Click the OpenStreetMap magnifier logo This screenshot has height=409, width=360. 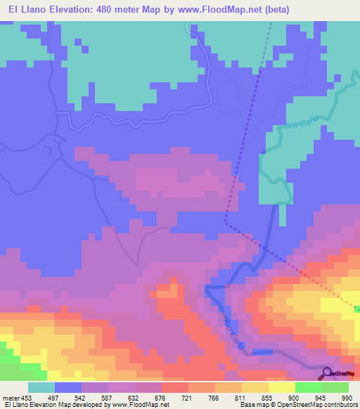[x=327, y=372]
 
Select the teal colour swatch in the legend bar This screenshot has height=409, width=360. [x=41, y=388]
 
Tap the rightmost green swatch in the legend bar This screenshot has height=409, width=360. [x=335, y=388]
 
